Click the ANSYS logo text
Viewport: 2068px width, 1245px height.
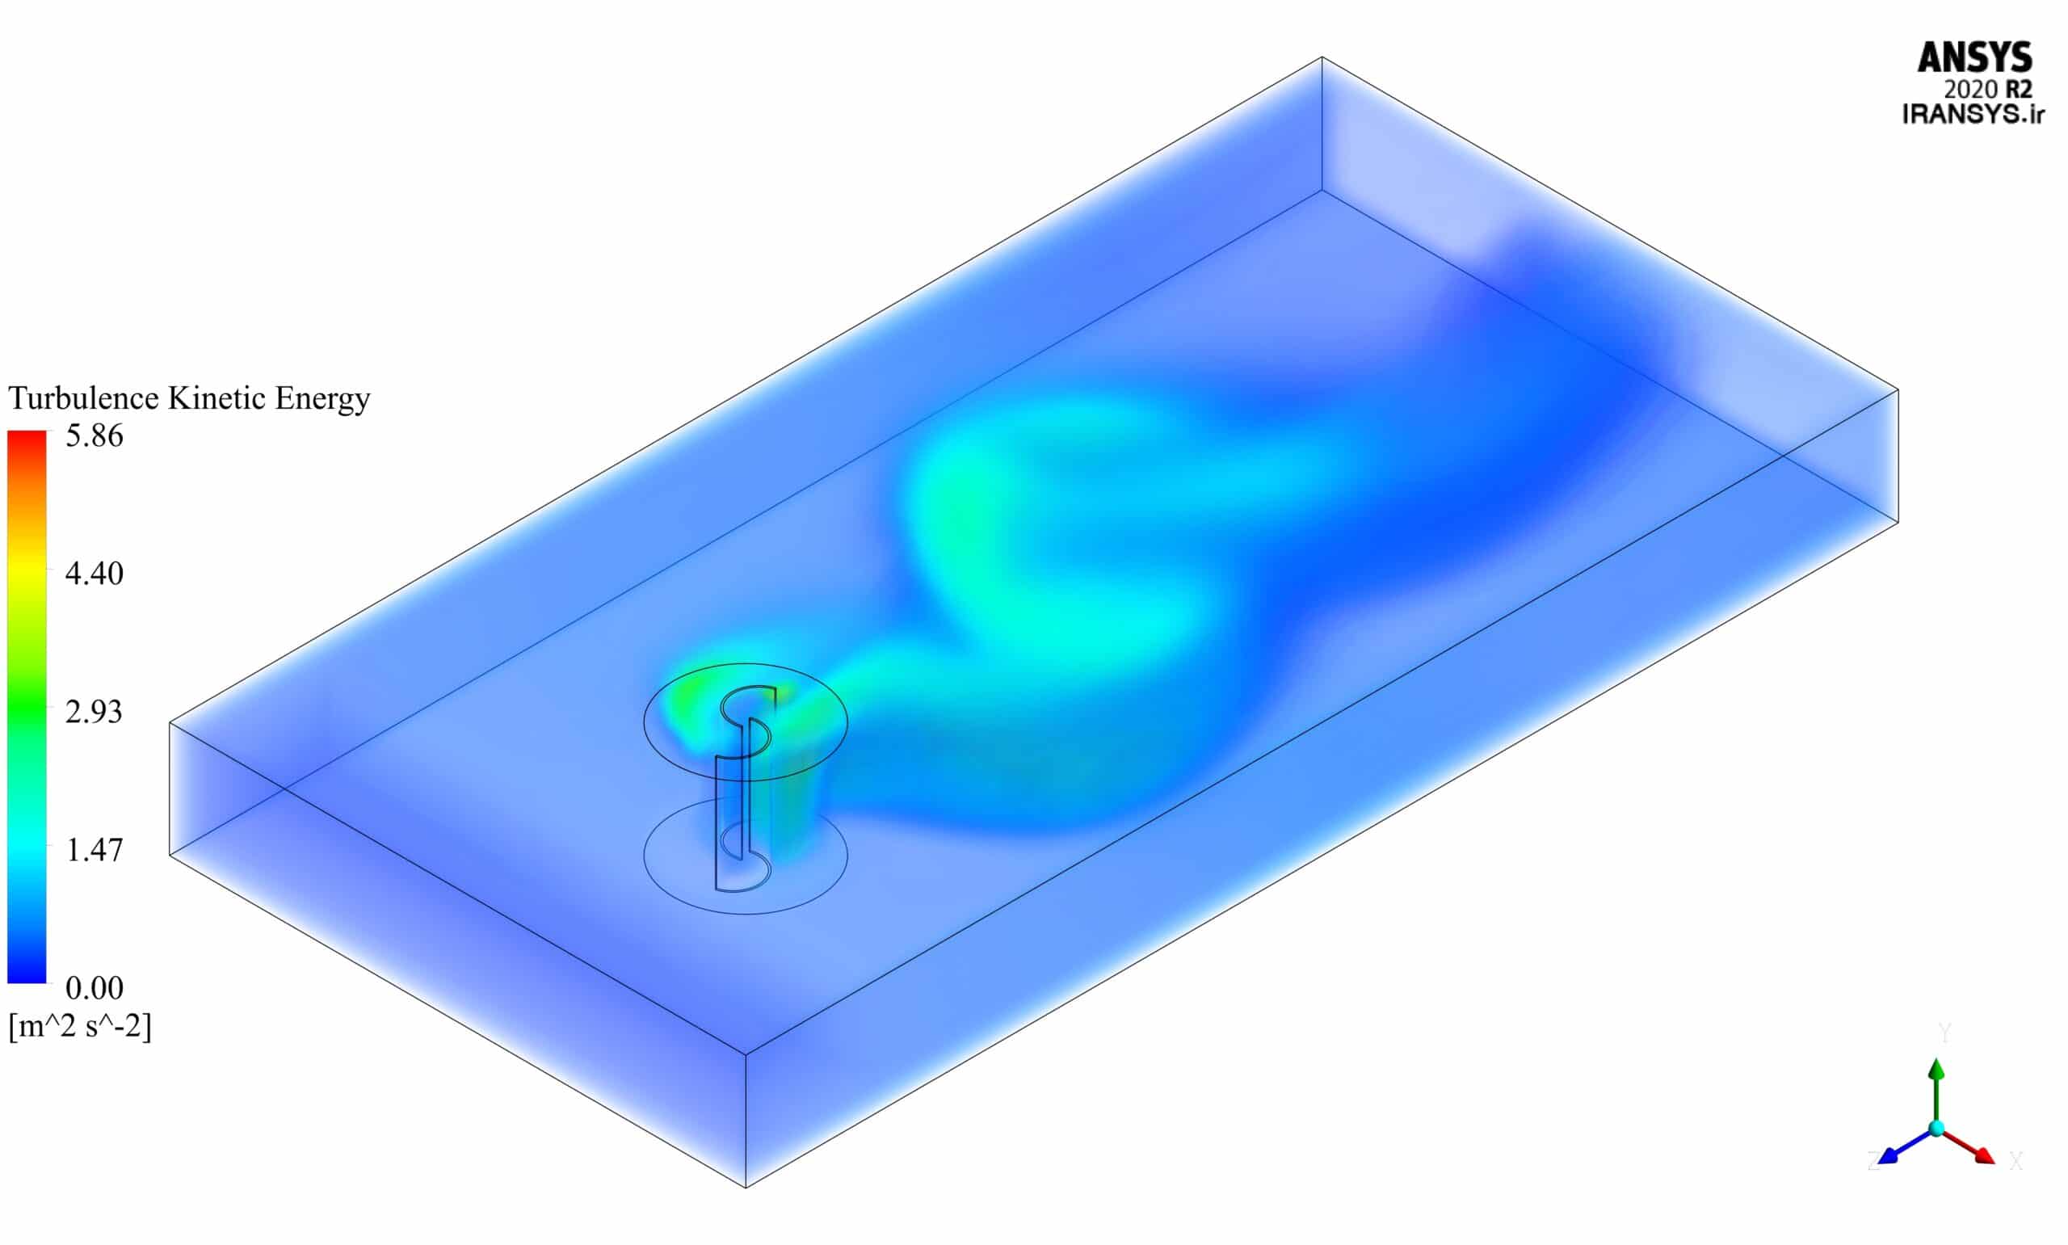pos(1973,58)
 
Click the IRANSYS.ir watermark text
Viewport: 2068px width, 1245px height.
pos(1973,114)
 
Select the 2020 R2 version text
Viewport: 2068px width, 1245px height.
pos(1987,89)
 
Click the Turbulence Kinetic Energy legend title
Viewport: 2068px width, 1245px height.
pos(189,398)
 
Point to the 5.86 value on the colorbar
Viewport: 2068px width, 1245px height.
pos(94,436)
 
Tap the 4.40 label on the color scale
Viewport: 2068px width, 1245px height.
pos(94,574)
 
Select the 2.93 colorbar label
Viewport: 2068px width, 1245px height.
pos(94,713)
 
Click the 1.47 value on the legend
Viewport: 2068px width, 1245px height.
pos(94,850)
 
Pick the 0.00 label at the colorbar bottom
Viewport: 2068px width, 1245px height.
pos(94,988)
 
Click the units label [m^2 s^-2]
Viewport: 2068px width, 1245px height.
pos(81,1026)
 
